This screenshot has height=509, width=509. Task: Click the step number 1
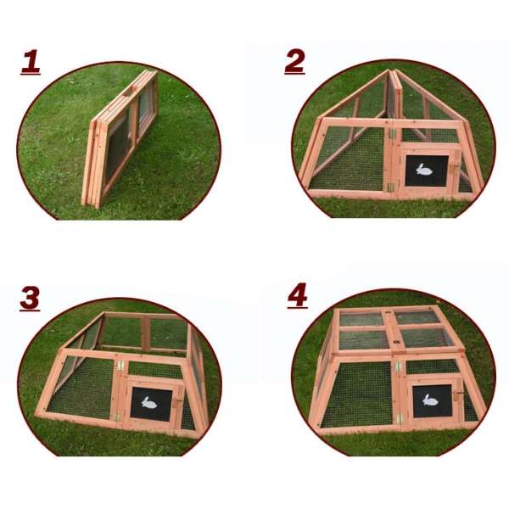[x=31, y=62]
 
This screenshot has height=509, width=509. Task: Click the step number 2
[x=294, y=62]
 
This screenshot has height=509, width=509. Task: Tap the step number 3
[x=30, y=299]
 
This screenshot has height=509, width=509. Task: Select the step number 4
[x=298, y=295]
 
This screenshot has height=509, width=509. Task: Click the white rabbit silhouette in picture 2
[x=424, y=170]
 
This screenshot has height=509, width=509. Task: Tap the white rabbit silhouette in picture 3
[x=149, y=403]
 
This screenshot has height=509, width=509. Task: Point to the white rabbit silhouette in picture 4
[x=430, y=400]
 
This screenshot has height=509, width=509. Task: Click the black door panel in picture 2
[x=427, y=171]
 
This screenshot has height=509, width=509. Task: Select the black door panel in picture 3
[x=151, y=404]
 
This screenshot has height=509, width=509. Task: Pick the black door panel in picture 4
[x=432, y=401]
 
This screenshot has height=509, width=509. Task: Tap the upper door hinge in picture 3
[x=120, y=366]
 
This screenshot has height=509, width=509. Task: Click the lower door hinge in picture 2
[x=391, y=187]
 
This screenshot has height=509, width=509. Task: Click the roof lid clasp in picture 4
[x=396, y=342]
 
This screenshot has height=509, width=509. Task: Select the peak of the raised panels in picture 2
[x=392, y=70]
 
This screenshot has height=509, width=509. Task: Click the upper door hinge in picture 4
[x=398, y=366]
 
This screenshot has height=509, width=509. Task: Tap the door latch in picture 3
[x=178, y=402]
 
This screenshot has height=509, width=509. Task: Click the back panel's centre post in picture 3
[x=145, y=333]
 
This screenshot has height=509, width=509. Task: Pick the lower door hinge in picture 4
[x=399, y=418]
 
